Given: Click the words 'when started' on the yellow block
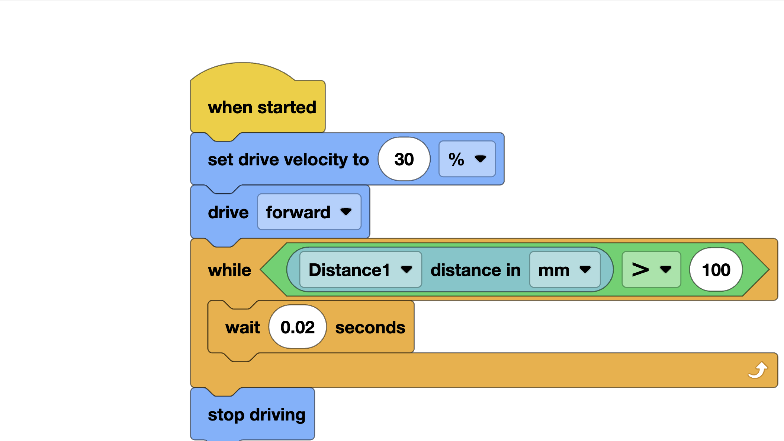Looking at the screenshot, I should click(262, 108).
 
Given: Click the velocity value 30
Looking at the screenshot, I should click(404, 159).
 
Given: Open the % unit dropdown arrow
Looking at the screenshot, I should click(480, 159).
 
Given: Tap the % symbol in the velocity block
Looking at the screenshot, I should click(456, 159).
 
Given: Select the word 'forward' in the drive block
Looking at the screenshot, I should click(298, 212).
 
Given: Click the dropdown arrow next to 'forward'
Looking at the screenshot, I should click(346, 212).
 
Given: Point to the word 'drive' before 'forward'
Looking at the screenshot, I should click(228, 212).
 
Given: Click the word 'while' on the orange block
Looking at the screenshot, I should click(229, 270).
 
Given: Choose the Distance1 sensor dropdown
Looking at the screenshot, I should click(349, 270).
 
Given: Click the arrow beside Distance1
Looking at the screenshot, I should click(407, 269).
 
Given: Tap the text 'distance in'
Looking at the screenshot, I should click(475, 270).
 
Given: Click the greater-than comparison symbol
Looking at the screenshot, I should click(640, 270).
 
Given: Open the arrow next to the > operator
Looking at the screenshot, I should click(665, 269).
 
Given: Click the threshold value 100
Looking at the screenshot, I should click(716, 270).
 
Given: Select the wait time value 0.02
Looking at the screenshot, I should click(298, 327).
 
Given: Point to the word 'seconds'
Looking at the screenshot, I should click(370, 327).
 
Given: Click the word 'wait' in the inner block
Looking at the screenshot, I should click(242, 327).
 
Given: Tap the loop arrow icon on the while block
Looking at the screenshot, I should click(758, 370).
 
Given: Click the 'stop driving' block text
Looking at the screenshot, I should click(257, 415).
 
